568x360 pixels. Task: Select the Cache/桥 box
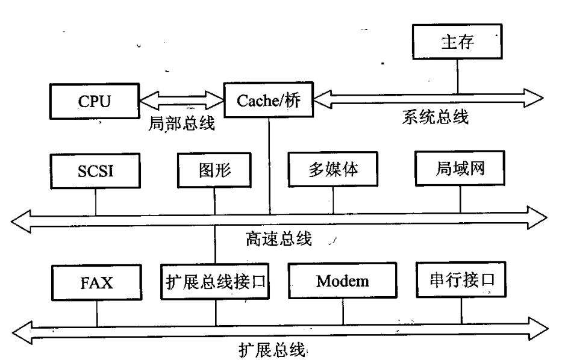(x=269, y=100)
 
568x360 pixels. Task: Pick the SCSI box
(x=95, y=170)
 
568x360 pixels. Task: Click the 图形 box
(x=214, y=170)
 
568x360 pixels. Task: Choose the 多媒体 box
(x=332, y=170)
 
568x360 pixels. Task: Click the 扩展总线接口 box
(x=215, y=281)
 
